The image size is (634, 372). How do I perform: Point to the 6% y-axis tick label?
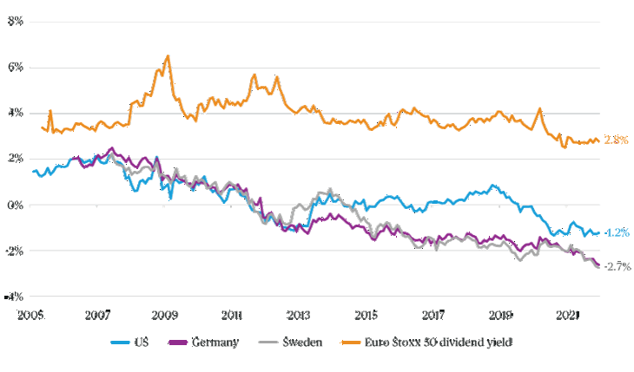16,67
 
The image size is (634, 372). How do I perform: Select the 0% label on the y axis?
16,205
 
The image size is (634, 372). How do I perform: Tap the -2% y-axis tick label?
14,251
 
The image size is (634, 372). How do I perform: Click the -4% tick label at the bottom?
14,296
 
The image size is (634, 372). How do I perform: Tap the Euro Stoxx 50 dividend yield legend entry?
439,343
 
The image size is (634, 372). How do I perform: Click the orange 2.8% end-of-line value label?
615,140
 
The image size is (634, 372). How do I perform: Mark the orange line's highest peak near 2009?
168,56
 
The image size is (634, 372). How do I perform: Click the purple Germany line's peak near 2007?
111,148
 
